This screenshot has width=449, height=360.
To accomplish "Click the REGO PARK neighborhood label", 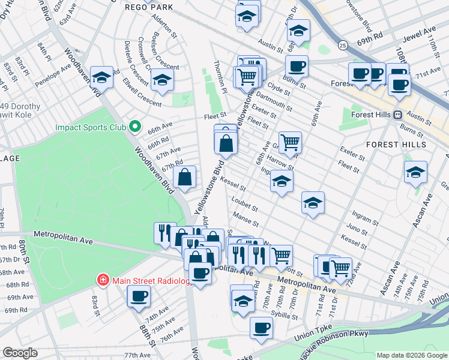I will (148, 7).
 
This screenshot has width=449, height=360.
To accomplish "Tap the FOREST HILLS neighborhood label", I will (396, 145).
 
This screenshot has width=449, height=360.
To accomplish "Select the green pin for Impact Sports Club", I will (135, 127).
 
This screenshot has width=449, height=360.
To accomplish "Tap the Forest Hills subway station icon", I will (397, 115).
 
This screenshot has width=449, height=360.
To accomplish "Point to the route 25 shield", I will (342, 45).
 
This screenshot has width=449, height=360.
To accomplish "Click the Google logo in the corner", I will (20, 353).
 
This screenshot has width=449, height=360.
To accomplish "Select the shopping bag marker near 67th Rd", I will (185, 177).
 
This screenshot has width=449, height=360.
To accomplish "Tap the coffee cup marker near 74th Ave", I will (139, 296).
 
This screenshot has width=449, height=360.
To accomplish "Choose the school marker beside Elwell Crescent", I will (162, 79).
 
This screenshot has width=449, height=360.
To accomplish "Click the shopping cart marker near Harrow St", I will (290, 142).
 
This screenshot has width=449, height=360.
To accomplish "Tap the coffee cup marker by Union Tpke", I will (261, 328).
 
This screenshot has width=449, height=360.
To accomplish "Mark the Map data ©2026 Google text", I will (411, 355).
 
